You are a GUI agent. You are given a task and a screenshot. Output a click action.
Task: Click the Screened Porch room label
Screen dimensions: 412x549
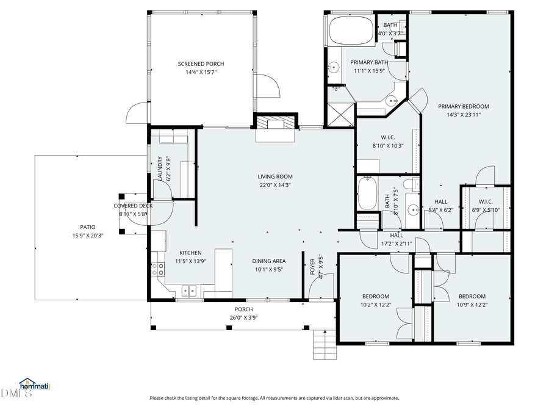[x=201, y=64]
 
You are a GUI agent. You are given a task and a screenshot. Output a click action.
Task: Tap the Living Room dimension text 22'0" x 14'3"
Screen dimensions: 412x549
[x=275, y=185]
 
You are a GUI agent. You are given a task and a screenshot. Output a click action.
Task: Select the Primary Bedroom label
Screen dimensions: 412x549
[x=464, y=106]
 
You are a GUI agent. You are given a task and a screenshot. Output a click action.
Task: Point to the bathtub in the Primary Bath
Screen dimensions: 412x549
[x=351, y=31]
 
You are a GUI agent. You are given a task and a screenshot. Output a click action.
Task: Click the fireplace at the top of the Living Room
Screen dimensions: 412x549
[x=275, y=124]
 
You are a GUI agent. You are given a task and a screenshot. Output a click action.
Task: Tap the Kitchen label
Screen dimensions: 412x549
[x=190, y=253]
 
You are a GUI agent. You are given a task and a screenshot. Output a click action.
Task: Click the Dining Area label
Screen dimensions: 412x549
[x=269, y=261]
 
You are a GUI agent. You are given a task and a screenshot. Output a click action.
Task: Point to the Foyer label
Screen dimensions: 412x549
[x=313, y=267]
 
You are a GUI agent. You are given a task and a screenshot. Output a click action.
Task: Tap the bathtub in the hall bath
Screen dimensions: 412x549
[x=367, y=193]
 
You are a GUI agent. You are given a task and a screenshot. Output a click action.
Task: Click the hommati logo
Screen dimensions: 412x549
[x=34, y=385]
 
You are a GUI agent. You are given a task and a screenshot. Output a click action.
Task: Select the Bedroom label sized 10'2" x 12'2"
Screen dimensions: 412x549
[x=375, y=297]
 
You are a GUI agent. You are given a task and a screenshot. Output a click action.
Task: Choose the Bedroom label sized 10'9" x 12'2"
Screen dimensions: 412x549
[x=472, y=297]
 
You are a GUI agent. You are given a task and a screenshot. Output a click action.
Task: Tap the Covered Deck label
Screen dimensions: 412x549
[x=133, y=206]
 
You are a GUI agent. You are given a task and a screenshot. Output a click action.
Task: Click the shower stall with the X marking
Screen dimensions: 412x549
[x=340, y=114]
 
